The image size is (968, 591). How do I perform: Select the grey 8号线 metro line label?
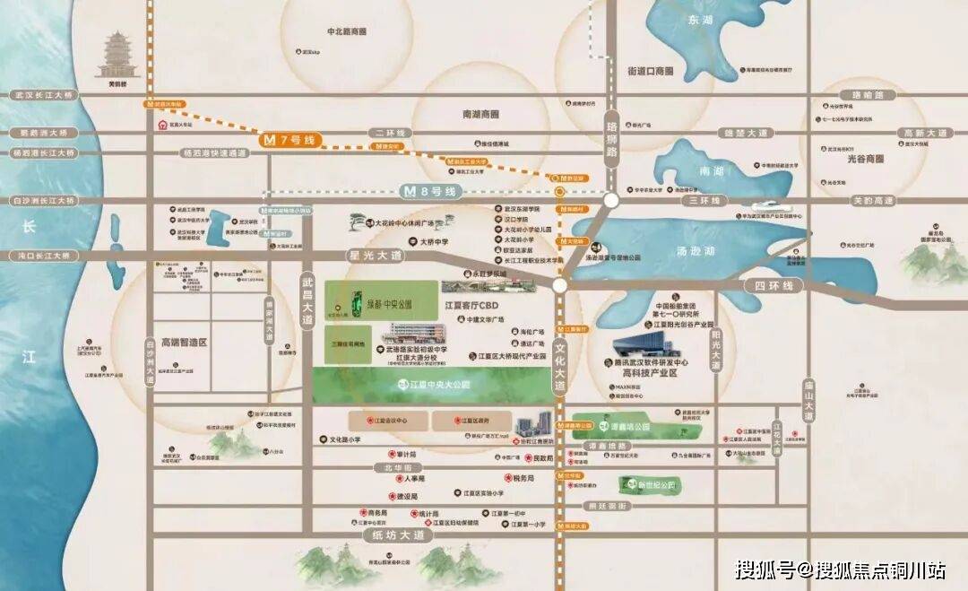(x=429, y=191)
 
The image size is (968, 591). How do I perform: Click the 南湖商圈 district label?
(x=480, y=115)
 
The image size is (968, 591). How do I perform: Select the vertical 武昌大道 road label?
(x=307, y=300)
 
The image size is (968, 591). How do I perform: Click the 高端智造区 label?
(x=184, y=343)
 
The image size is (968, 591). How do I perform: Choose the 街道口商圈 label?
(x=650, y=71)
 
